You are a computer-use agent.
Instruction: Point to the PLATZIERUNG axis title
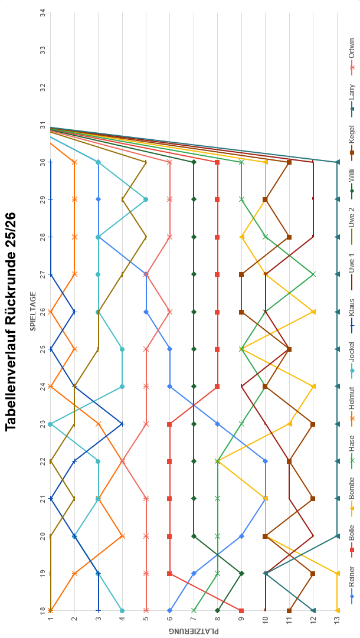click(194, 631)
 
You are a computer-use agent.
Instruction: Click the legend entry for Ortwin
click(352, 54)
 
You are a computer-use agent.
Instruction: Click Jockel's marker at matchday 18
click(122, 610)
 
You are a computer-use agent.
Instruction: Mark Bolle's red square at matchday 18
click(241, 610)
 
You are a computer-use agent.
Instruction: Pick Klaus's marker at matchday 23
click(122, 424)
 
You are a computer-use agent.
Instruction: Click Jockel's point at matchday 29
click(146, 199)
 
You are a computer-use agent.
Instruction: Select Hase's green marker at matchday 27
click(313, 274)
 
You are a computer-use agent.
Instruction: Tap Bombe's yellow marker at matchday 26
click(313, 312)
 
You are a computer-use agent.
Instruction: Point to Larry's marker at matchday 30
click(337, 162)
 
